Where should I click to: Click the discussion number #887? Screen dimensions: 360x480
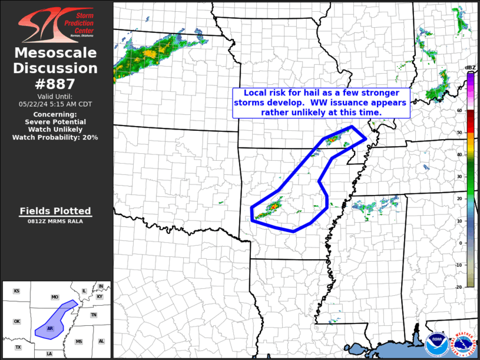(55, 84)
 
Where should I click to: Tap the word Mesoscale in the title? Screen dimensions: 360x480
(55, 53)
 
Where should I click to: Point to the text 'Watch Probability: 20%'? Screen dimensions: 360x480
(55, 137)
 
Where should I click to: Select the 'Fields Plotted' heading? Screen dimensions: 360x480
(55, 211)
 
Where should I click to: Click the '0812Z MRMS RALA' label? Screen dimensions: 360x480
(55, 222)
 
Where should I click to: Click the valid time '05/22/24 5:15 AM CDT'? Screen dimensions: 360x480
(55, 104)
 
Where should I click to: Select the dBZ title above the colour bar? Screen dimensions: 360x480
(470, 68)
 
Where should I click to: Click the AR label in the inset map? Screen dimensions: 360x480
(50, 328)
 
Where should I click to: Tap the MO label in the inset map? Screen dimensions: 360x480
(55, 297)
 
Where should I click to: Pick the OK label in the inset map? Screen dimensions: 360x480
(16, 321)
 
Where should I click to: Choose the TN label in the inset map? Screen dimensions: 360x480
(94, 315)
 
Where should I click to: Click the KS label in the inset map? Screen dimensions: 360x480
(16, 291)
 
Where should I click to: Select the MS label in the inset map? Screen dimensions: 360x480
(78, 342)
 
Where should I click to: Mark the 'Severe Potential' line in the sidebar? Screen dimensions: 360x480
(55, 122)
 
